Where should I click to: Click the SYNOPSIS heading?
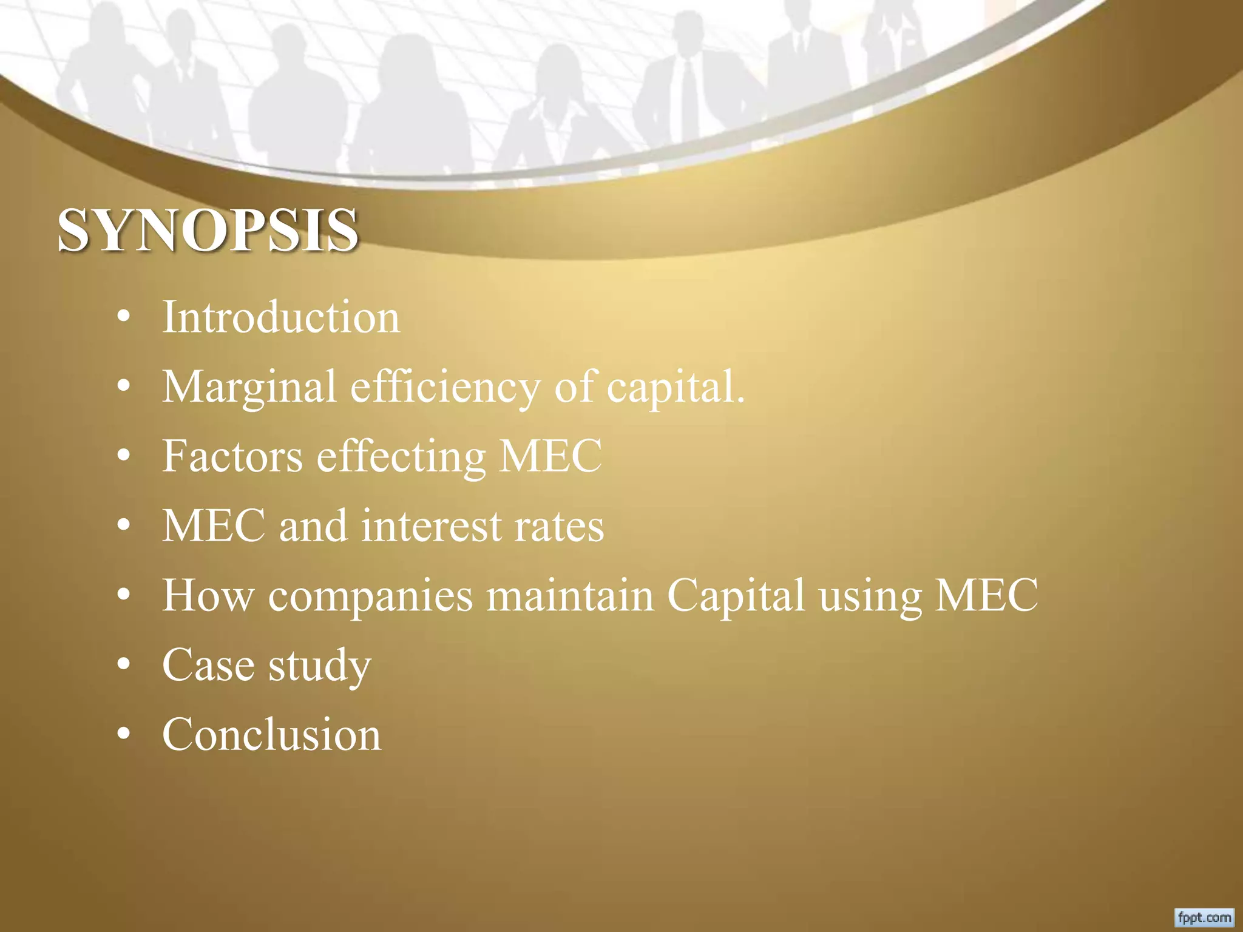click(x=208, y=231)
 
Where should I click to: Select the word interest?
click(x=431, y=525)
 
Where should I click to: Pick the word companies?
click(x=370, y=595)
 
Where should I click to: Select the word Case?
click(x=208, y=664)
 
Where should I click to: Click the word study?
click(x=320, y=666)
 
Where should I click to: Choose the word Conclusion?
click(x=271, y=734)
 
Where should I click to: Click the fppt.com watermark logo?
click(x=1205, y=917)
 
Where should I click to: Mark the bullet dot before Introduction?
click(x=124, y=317)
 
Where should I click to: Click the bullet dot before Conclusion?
click(x=124, y=734)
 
